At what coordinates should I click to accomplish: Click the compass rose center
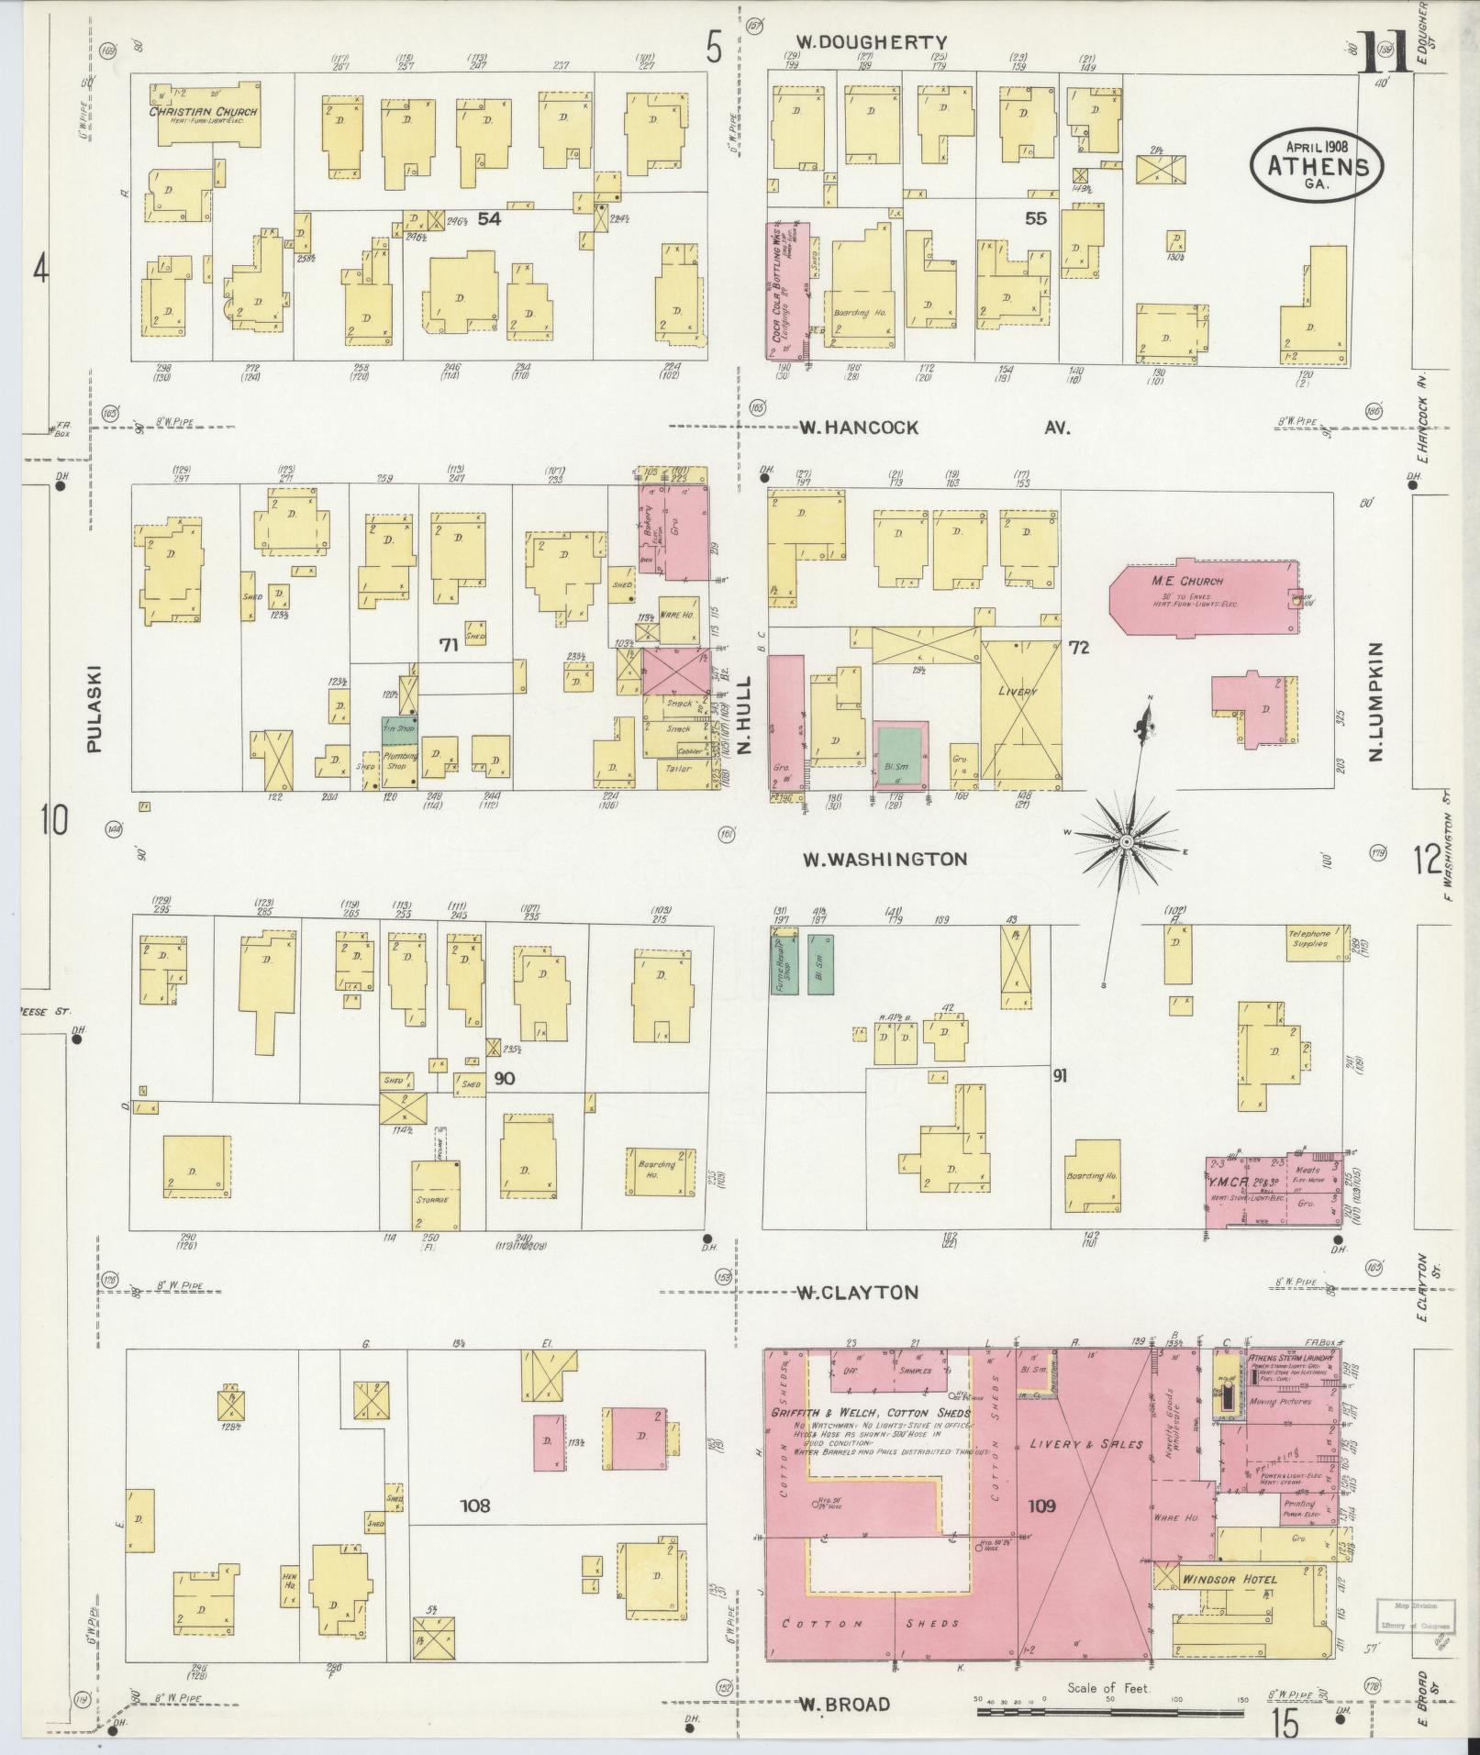click(x=1124, y=840)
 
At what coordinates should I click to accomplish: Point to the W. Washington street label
click(x=885, y=860)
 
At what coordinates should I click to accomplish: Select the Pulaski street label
click(x=95, y=707)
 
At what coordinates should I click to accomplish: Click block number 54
click(x=489, y=218)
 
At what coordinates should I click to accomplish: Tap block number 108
click(x=475, y=1505)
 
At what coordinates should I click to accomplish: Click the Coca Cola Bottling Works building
click(x=787, y=290)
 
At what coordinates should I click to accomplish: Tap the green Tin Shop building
click(x=400, y=729)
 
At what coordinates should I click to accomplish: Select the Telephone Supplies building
click(x=1311, y=939)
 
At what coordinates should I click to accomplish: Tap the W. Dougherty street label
click(x=872, y=42)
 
